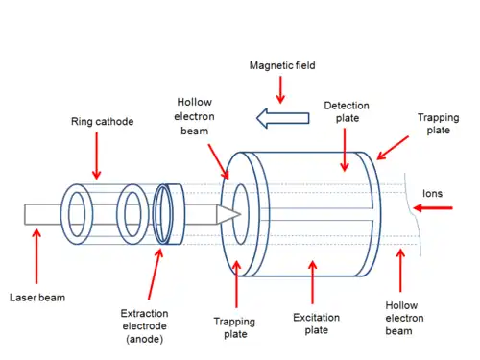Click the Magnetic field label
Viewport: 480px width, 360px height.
(282, 65)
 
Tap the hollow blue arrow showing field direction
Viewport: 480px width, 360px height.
(283, 118)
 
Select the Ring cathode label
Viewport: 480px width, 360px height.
(102, 122)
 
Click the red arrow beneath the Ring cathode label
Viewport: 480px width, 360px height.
(96, 156)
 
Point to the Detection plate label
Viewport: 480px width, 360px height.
(347, 111)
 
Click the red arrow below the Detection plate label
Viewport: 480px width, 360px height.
(345, 150)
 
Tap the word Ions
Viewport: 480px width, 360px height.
(432, 193)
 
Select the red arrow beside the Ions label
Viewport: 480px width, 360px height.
(433, 208)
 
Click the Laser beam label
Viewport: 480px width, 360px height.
(37, 298)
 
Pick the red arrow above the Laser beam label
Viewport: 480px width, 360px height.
(36, 256)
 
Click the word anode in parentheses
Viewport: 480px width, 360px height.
(145, 339)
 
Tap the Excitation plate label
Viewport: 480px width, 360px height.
(316, 324)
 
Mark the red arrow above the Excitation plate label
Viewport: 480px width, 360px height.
(313, 282)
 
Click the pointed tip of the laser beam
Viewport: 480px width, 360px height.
(240, 214)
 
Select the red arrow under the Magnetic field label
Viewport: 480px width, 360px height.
(280, 90)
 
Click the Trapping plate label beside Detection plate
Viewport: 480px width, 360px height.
(439, 124)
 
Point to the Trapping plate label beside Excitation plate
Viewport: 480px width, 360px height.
(235, 327)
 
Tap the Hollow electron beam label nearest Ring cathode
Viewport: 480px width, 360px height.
(194, 116)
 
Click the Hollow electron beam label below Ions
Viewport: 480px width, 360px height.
(404, 318)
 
